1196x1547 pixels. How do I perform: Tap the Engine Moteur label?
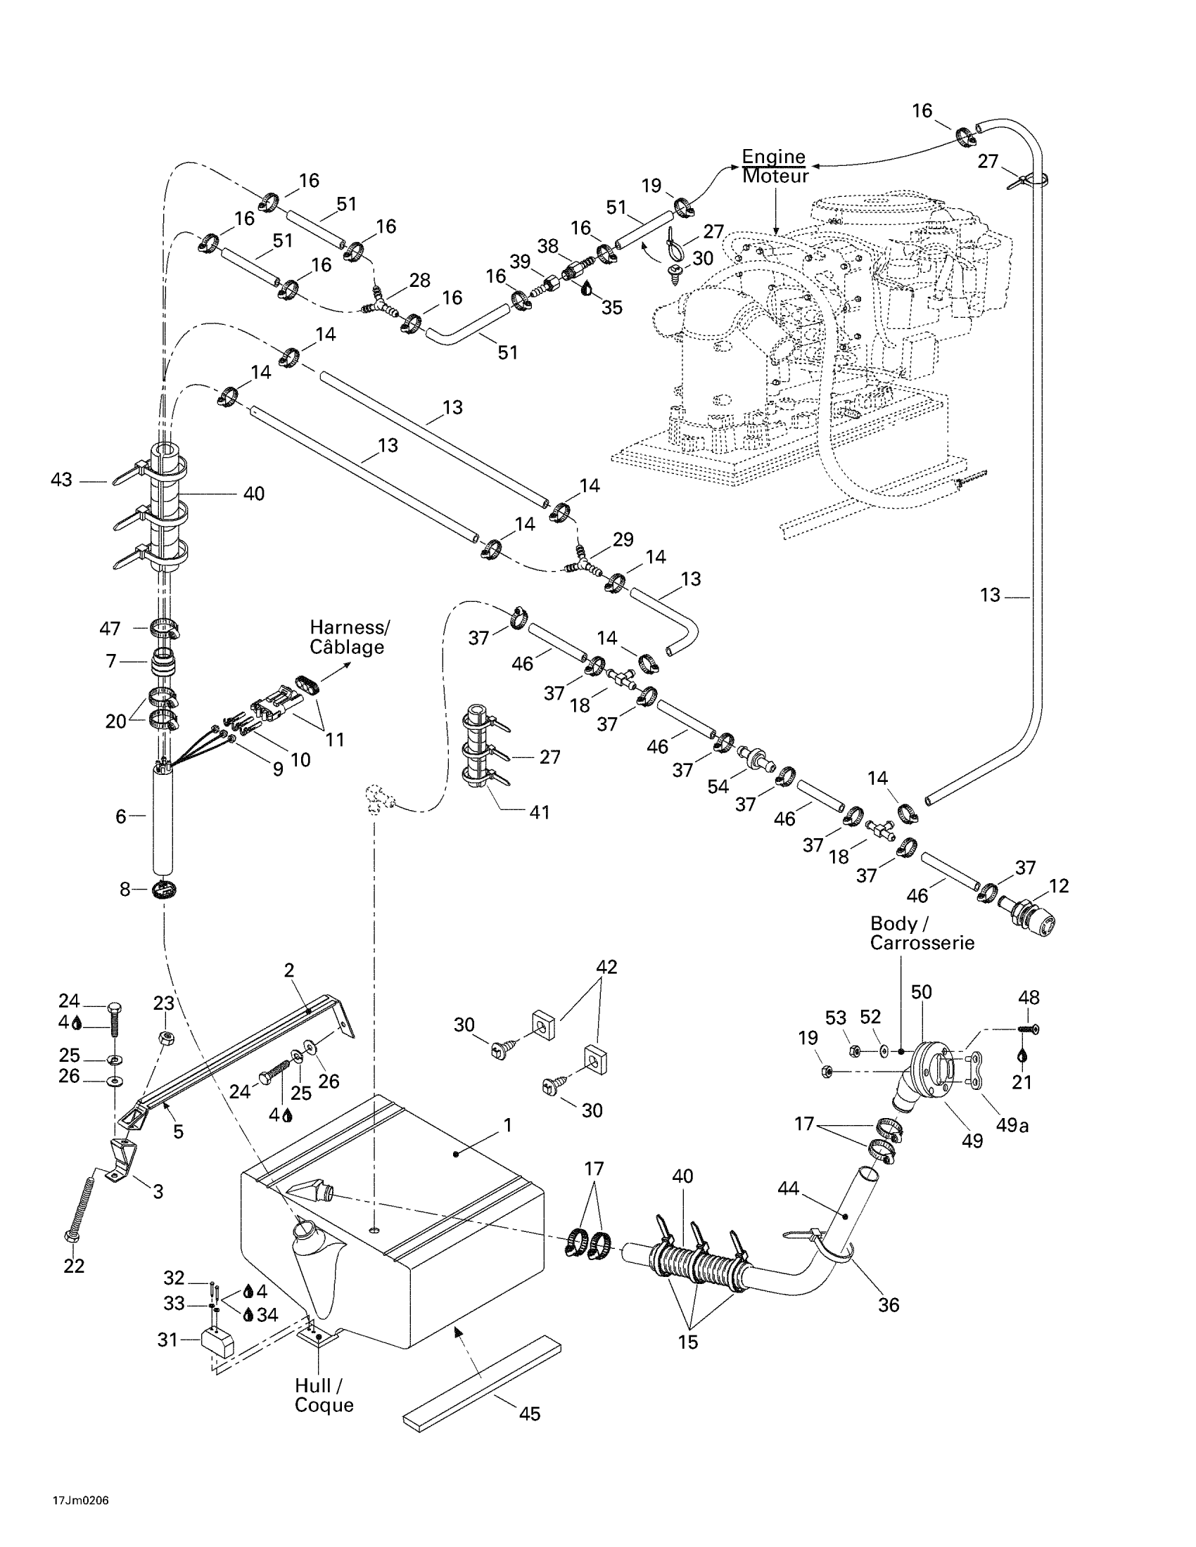coord(775,167)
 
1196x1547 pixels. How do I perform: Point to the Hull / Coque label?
coord(324,1394)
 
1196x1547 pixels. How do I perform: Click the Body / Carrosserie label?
coord(922,933)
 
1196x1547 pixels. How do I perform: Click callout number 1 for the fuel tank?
coord(507,1126)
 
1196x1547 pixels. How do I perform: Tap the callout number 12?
coord(1059,885)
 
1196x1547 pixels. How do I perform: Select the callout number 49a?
coord(1012,1125)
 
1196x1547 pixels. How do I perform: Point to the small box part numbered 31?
coord(218,1340)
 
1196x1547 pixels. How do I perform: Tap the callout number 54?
coord(717,786)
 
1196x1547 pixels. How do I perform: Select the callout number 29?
coord(623,539)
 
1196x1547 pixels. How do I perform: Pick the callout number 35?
coord(611,307)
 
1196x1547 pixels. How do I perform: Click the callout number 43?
coord(62,480)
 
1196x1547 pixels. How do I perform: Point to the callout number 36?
coord(888,1304)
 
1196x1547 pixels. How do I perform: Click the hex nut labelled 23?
coord(165,1039)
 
